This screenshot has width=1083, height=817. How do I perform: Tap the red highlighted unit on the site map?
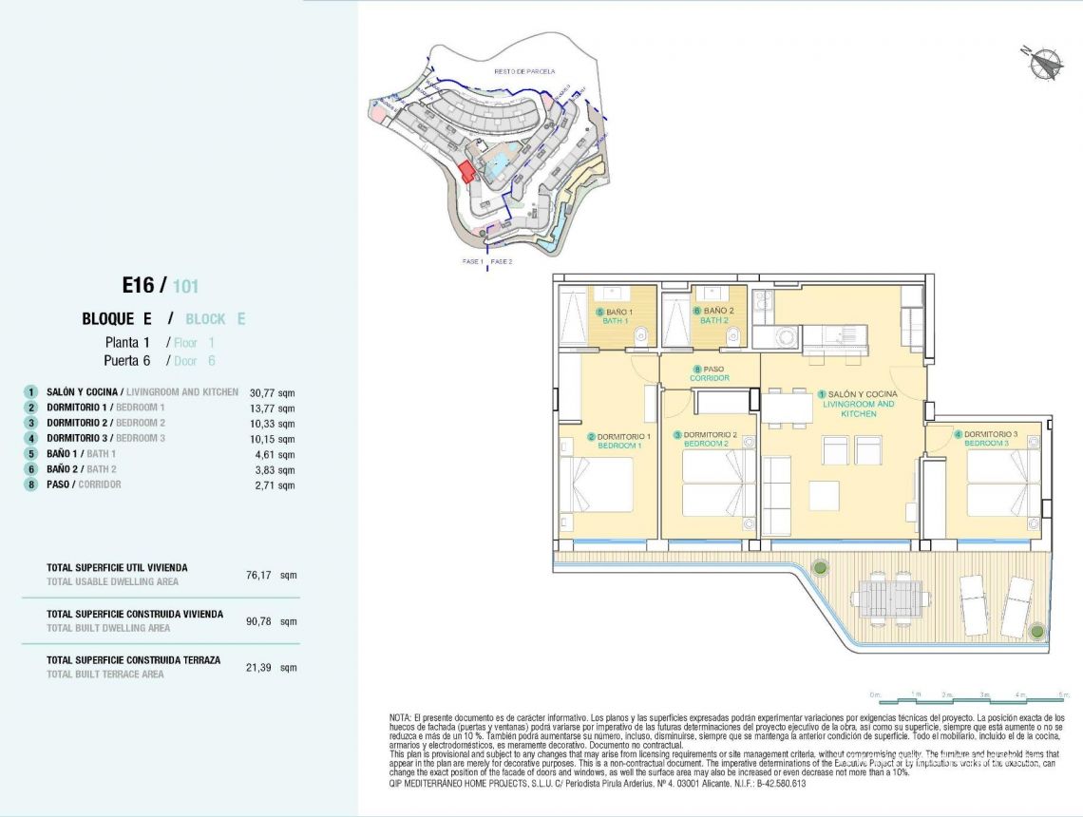click(465, 172)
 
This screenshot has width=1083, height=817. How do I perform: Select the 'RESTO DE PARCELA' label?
click(523, 71)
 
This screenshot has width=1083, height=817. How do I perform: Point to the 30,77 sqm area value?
click(272, 392)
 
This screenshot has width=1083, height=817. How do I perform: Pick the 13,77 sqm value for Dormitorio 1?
click(272, 408)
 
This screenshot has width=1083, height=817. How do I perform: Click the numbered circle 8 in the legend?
click(31, 484)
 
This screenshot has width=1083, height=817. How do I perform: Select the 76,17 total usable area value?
click(259, 575)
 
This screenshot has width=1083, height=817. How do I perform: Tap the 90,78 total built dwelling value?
click(259, 621)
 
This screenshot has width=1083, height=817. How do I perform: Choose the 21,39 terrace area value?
click(259, 668)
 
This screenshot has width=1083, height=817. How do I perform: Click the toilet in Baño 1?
click(642, 332)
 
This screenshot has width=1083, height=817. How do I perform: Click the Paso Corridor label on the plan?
click(710, 373)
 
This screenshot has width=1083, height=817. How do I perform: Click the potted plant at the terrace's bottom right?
click(1037, 631)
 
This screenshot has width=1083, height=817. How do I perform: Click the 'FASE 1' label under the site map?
click(472, 261)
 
